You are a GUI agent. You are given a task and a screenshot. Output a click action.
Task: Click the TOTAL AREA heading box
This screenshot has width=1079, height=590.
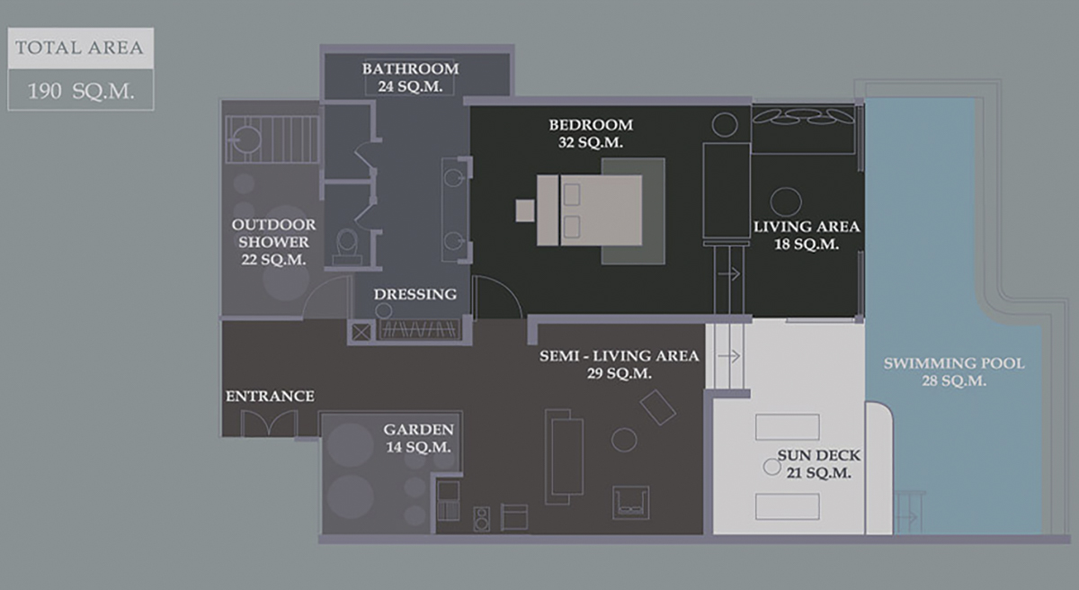tap(80, 48)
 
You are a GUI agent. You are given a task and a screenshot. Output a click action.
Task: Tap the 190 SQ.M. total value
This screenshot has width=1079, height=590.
tap(80, 91)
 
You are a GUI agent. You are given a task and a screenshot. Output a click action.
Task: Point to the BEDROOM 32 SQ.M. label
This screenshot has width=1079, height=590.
tap(591, 133)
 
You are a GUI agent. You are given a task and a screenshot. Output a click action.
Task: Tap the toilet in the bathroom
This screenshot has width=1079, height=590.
tap(347, 242)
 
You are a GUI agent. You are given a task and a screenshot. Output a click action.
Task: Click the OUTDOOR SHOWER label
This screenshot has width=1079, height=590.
tap(274, 242)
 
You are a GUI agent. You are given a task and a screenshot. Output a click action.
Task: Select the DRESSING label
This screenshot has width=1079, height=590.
tap(415, 294)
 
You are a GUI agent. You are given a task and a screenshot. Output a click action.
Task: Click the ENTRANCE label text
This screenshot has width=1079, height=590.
tap(270, 397)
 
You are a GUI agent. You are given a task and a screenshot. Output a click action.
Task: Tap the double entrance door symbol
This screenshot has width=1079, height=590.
tap(269, 423)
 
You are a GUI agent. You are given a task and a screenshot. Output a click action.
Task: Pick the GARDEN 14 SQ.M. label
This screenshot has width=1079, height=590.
tap(418, 438)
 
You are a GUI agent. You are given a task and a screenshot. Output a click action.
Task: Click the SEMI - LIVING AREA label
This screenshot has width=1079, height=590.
tap(619, 364)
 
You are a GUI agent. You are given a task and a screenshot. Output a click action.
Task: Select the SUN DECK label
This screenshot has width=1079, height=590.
tap(814, 464)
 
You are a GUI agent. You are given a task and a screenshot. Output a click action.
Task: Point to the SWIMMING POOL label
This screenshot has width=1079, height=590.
tap(954, 371)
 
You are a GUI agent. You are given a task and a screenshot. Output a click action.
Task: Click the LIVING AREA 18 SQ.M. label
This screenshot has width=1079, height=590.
tap(807, 235)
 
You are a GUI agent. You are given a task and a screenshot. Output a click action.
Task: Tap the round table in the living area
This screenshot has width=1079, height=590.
tap(786, 201)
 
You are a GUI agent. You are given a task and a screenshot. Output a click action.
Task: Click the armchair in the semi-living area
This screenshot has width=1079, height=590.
tap(630, 502)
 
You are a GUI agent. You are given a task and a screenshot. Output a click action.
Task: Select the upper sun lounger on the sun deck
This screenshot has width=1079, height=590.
tap(787, 426)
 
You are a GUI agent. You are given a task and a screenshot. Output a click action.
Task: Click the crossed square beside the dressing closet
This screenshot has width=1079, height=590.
tap(361, 332)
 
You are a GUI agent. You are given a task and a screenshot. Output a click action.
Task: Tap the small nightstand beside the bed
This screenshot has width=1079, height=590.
tap(525, 210)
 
